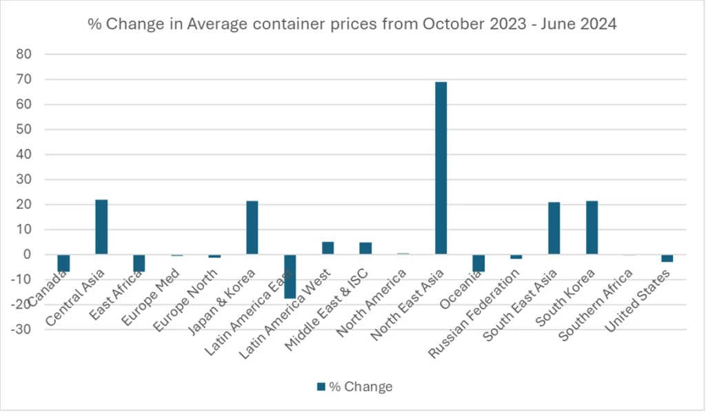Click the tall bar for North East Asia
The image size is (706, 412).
(x=441, y=168)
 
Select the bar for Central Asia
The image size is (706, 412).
(x=101, y=227)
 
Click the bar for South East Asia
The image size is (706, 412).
(x=554, y=228)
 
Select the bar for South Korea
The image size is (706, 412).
(x=592, y=227)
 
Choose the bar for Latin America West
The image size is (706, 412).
(x=327, y=248)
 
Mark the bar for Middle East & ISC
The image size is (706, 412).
(x=365, y=249)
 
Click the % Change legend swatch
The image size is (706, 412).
(x=320, y=387)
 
